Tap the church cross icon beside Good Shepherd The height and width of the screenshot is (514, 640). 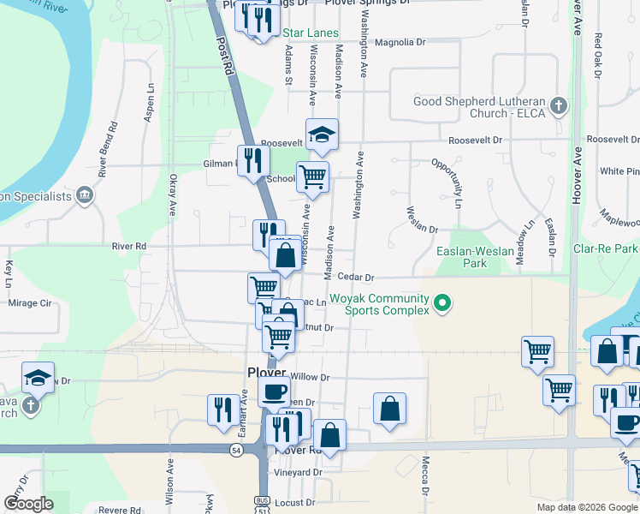(559, 107)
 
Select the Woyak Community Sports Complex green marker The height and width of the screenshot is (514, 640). (442, 303)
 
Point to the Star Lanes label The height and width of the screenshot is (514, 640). (311, 33)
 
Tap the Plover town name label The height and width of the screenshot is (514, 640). (265, 374)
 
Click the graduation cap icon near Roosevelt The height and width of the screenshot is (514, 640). (322, 134)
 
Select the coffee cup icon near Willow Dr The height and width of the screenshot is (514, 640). (274, 392)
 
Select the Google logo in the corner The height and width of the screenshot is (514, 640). (28, 503)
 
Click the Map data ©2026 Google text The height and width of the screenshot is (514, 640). (587, 507)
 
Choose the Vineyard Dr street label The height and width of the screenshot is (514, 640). (298, 472)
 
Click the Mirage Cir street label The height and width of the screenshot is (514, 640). (30, 302)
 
